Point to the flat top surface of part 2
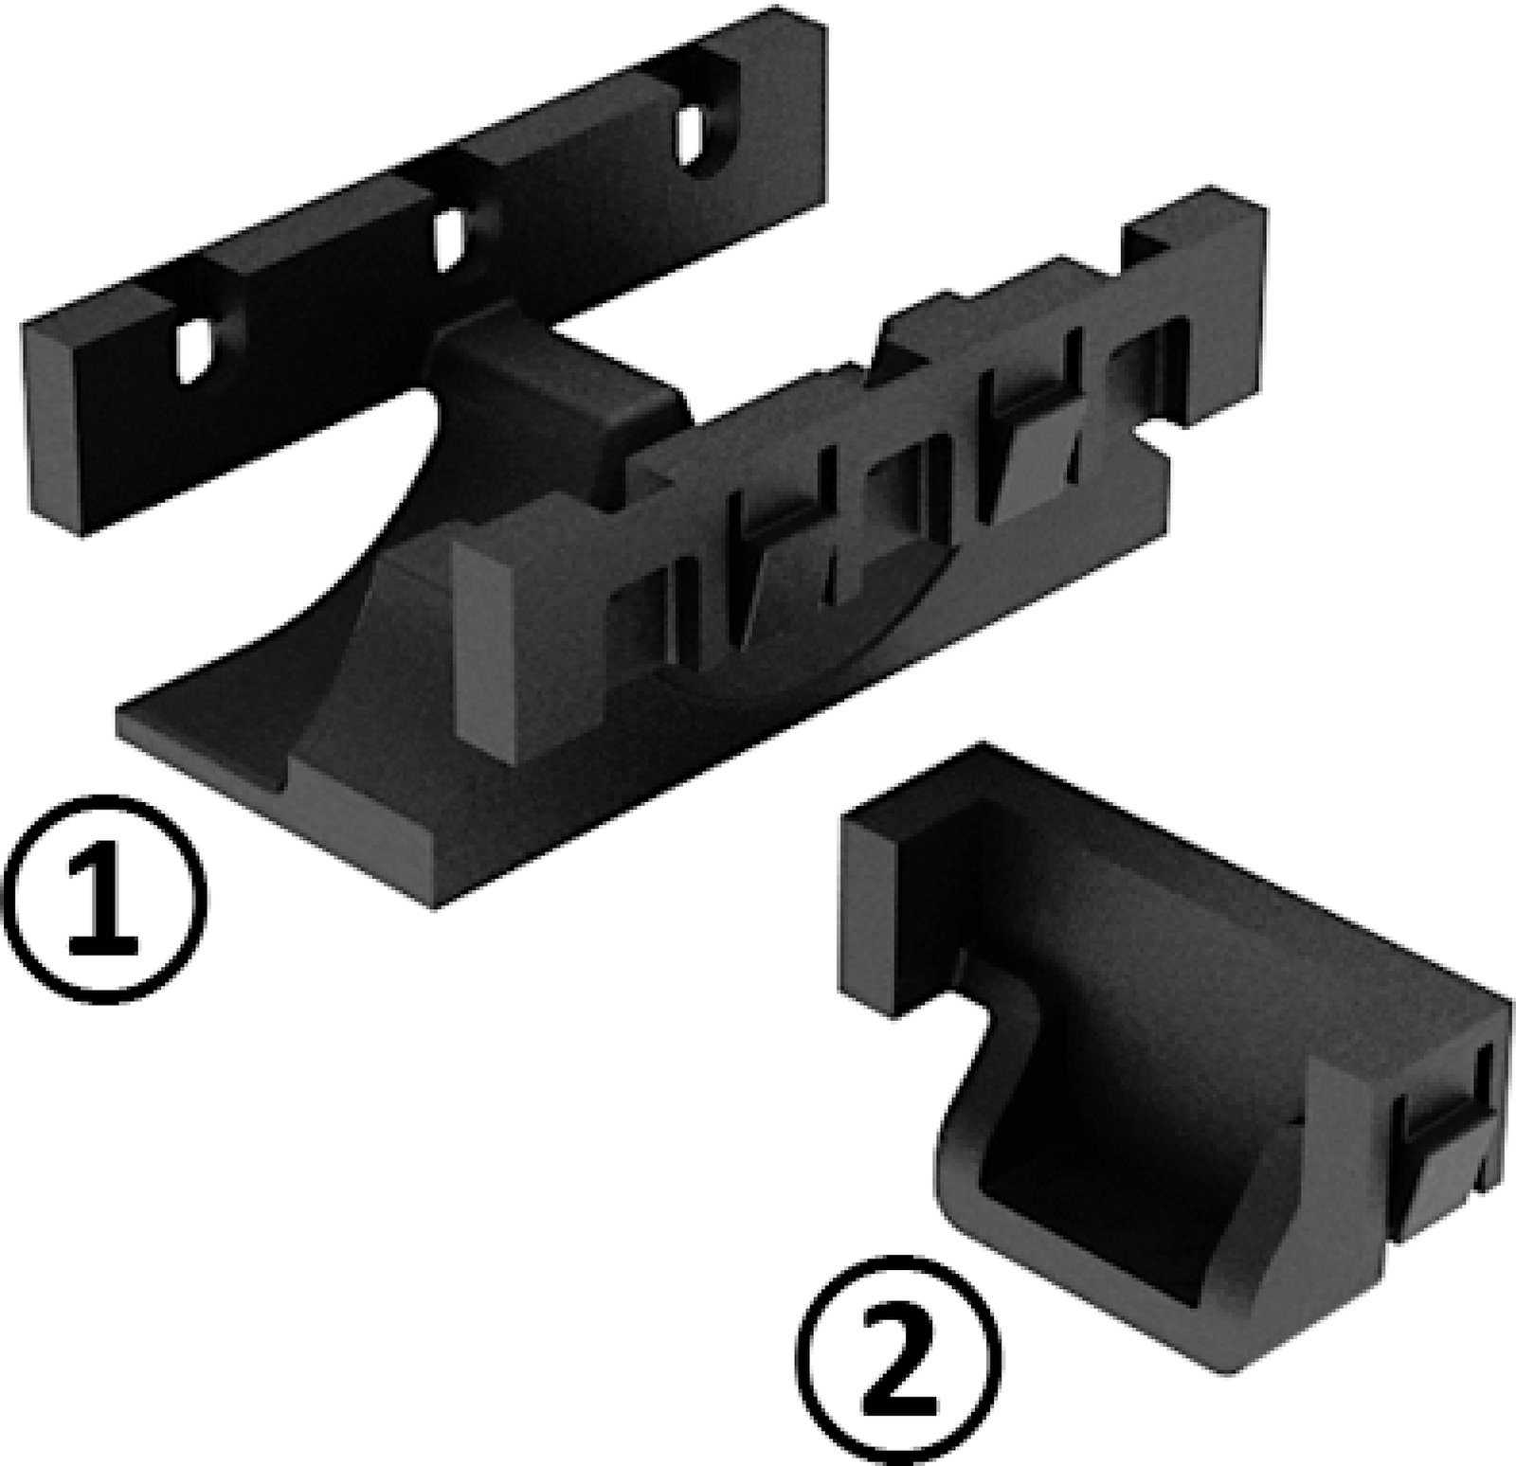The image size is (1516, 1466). pyautogui.click(x=1137, y=909)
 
